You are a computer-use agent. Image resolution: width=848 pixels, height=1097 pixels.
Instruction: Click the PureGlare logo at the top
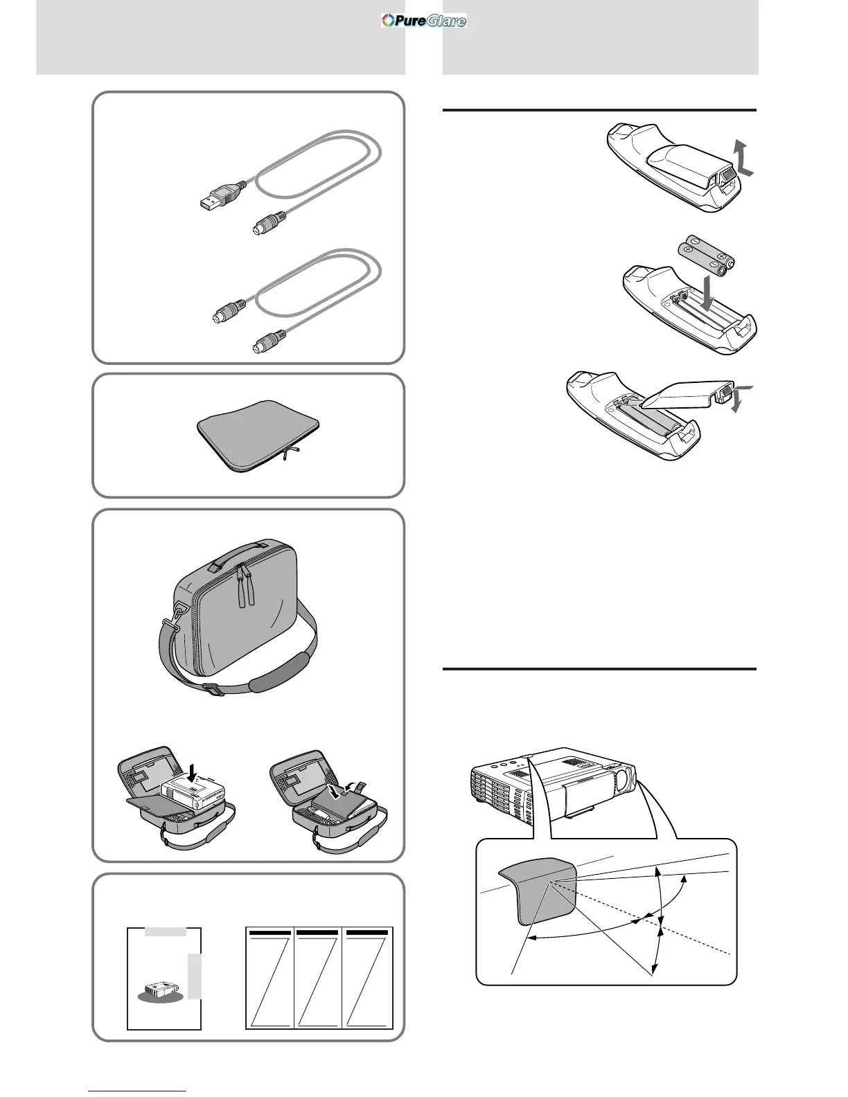tap(424, 21)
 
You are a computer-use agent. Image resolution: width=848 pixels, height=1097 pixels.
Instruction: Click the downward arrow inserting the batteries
tap(710, 294)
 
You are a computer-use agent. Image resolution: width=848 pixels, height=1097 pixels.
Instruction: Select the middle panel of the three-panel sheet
tap(318, 979)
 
